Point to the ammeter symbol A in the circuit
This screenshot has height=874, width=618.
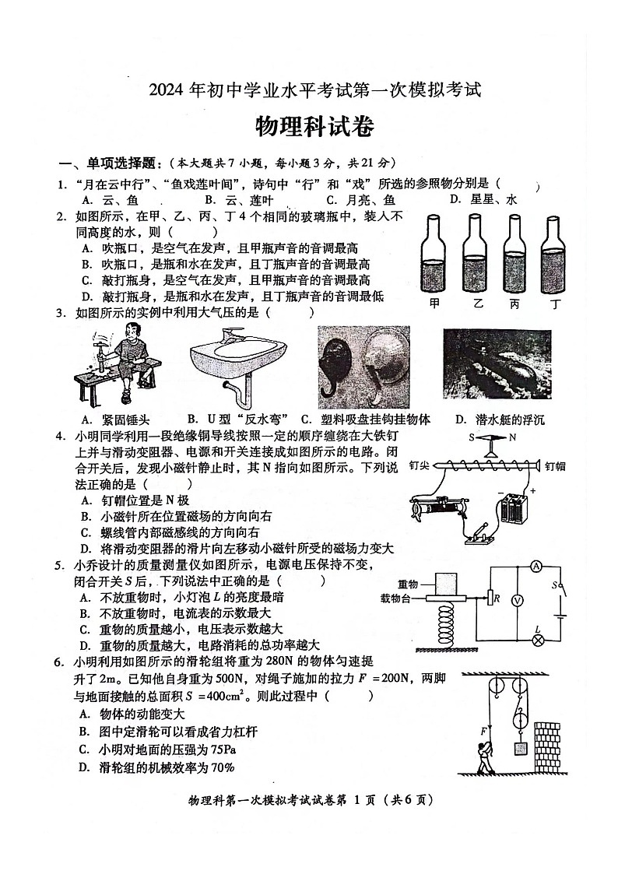536,567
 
